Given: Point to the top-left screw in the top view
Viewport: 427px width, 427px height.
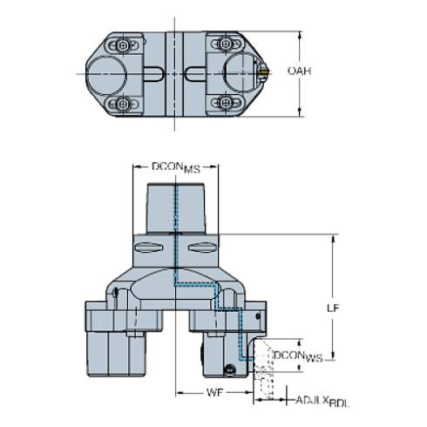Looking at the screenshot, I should (x=127, y=44).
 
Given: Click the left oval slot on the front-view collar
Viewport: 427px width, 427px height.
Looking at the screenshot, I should (x=148, y=252).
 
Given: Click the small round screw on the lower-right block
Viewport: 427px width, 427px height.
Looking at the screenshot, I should (x=229, y=367).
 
